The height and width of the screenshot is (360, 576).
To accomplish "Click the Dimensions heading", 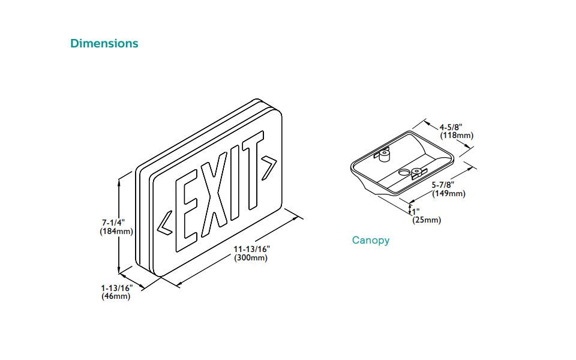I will click(104, 44).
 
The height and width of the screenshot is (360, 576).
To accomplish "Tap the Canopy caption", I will click(370, 241).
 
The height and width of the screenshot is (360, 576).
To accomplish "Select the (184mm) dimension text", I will click(116, 231).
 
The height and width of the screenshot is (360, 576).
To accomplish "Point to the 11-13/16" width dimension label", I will click(253, 249).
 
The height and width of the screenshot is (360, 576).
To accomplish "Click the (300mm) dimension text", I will click(251, 258).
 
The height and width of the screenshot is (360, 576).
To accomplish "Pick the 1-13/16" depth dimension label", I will click(117, 288).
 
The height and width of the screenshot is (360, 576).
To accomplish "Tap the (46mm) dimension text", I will click(116, 296).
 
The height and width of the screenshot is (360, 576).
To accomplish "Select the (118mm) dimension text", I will click(457, 136).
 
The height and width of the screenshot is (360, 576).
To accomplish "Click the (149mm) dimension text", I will click(448, 193).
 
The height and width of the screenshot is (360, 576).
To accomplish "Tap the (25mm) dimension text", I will click(427, 220).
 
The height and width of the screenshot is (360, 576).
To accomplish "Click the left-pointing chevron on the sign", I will click(164, 222).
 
